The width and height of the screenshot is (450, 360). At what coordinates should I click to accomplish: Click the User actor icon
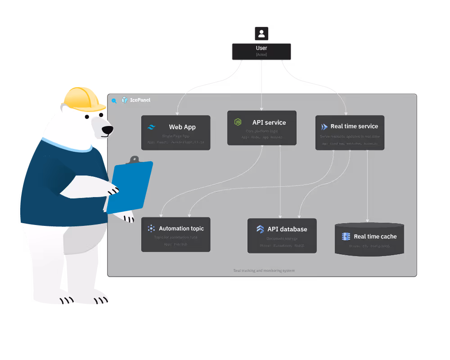pyautogui.click(x=261, y=33)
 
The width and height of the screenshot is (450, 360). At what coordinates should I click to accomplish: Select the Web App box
pyautogui.click(x=175, y=132)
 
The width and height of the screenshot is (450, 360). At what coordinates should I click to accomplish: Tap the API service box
pyautogui.click(x=261, y=128)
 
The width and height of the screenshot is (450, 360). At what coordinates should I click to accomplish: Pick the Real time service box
pyautogui.click(x=350, y=132)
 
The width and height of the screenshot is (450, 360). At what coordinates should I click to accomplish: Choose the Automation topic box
pyautogui.click(x=175, y=234)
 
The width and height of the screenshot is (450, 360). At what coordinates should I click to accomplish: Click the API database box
pyautogui.click(x=282, y=235)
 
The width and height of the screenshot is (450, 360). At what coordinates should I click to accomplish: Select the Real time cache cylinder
pyautogui.click(x=369, y=239)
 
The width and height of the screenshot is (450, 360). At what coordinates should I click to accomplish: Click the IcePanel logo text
pyautogui.click(x=141, y=100)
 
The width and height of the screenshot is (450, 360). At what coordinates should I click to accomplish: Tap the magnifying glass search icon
pyautogui.click(x=114, y=101)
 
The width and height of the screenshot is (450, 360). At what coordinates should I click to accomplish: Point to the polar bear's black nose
pyautogui.click(x=107, y=130)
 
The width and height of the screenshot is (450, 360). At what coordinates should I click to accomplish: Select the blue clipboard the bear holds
pyautogui.click(x=130, y=187)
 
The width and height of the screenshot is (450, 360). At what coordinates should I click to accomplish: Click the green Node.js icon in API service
pyautogui.click(x=238, y=122)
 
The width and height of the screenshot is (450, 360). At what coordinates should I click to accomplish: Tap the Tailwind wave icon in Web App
pyautogui.click(x=151, y=127)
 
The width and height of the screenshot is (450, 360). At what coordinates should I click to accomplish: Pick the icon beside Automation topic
pyautogui.click(x=151, y=229)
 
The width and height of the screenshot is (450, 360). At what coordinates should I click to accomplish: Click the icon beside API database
pyautogui.click(x=260, y=229)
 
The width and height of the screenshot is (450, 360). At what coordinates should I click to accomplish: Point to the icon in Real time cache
pyautogui.click(x=346, y=236)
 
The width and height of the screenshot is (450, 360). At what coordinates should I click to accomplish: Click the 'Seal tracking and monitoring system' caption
pyautogui.click(x=264, y=270)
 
